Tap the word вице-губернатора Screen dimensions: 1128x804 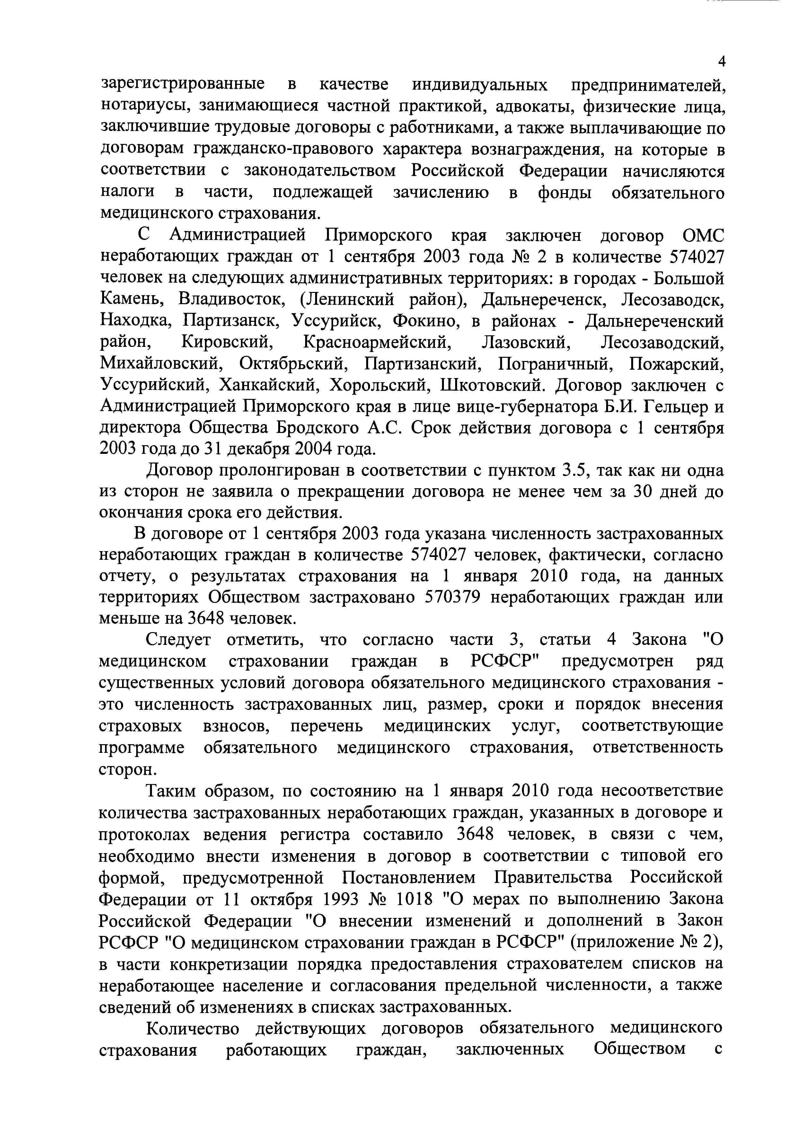[524, 406]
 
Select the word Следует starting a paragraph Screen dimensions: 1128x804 [178, 640]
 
